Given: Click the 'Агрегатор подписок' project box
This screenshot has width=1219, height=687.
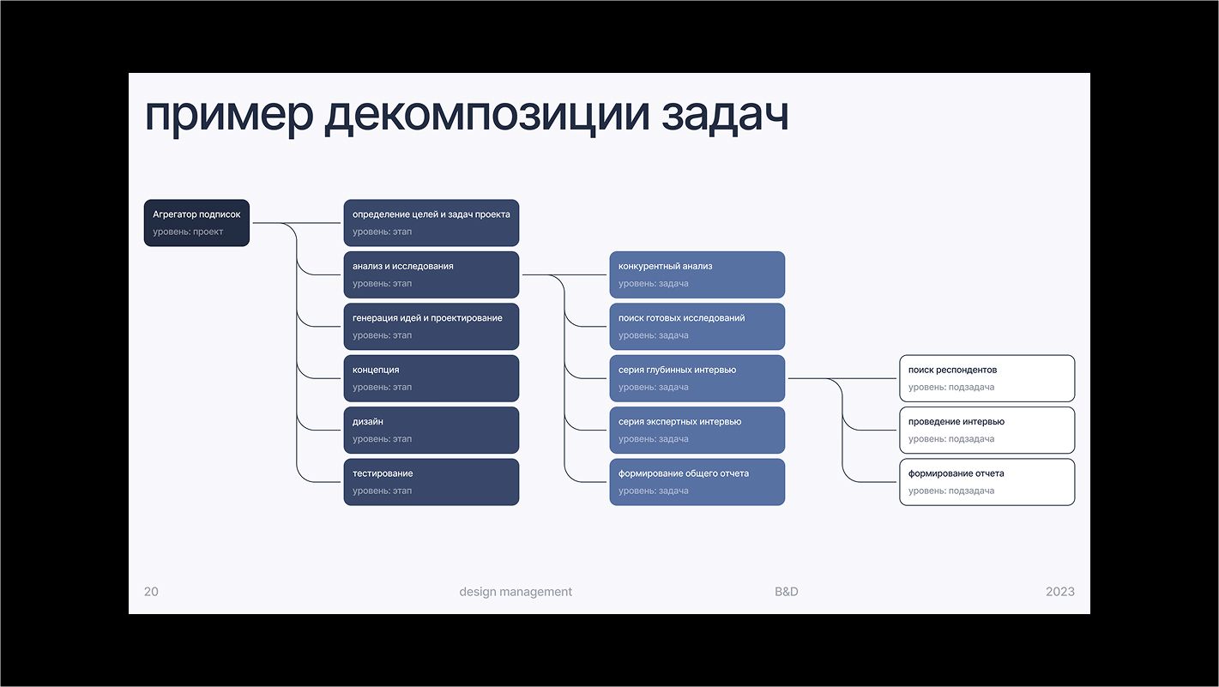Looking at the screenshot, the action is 196,223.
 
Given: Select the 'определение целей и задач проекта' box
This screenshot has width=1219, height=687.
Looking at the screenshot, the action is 431,223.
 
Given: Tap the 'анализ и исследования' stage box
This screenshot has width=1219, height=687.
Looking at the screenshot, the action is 431,274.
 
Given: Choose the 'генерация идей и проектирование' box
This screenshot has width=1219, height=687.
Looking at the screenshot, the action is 431,327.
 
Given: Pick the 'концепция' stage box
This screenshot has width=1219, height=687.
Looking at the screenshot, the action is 431,378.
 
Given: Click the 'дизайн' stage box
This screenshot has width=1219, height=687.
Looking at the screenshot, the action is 431,431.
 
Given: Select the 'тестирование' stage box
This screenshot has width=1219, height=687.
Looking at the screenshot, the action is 431,482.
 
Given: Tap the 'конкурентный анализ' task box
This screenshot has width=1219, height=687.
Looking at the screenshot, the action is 697,274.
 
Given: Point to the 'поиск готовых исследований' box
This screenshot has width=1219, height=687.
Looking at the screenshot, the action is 697,327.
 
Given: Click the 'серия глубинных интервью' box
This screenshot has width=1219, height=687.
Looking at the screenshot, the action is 697,378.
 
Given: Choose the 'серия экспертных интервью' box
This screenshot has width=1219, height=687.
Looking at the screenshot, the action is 697,431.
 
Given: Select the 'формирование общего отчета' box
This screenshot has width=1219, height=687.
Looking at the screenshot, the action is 697,482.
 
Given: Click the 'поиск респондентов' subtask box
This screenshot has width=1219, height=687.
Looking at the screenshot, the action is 987,378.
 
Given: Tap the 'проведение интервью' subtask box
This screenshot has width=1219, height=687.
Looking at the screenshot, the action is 987,431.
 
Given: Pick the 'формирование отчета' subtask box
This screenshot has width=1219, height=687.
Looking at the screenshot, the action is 987,482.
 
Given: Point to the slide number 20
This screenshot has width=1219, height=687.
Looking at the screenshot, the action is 151,592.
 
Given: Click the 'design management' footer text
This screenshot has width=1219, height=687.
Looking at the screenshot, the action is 516,592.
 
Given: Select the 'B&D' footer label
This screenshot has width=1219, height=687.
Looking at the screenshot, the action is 787,592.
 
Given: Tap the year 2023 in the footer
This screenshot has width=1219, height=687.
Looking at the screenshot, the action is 1060,592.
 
